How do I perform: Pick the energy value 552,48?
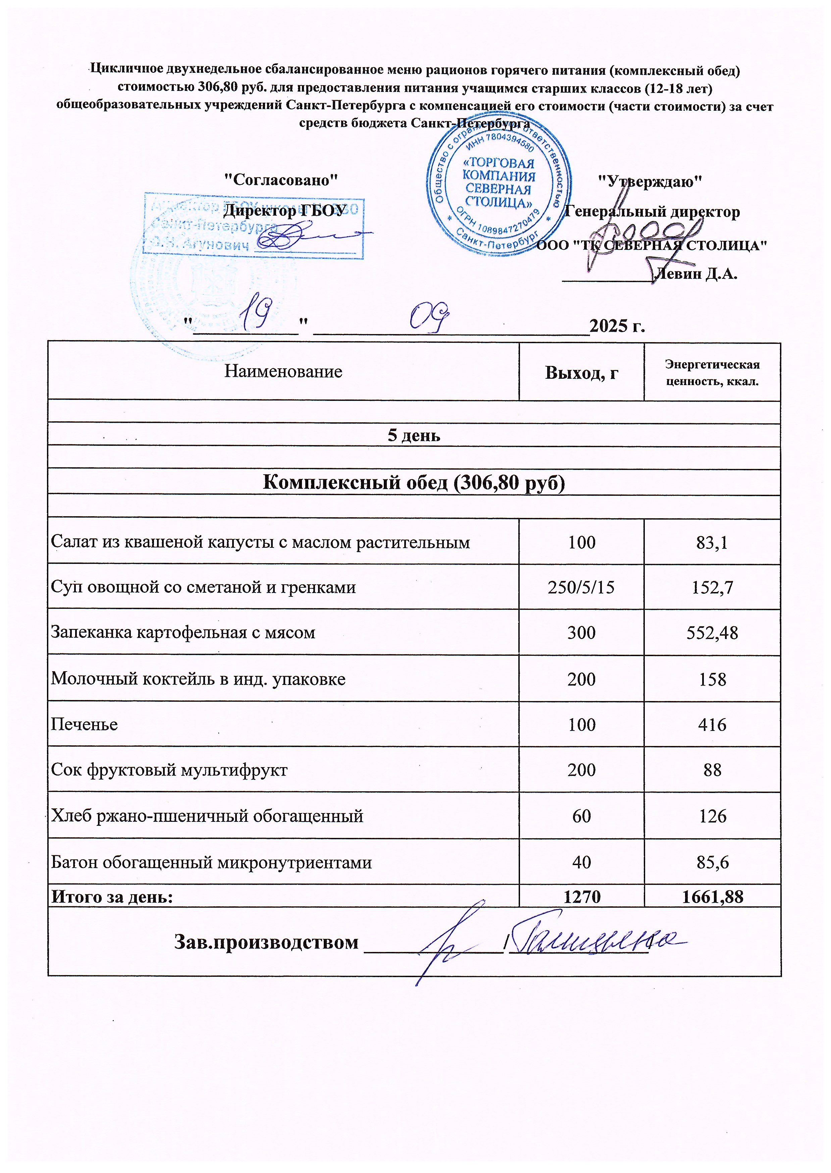712,633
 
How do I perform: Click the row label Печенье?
85,725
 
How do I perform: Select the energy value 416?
712,725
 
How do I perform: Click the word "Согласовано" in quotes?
281,180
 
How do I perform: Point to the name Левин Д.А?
696,274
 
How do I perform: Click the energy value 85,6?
712,862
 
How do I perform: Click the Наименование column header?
283,371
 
